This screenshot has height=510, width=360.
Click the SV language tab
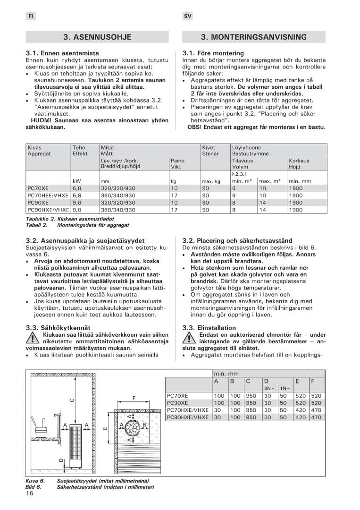coord(187,16)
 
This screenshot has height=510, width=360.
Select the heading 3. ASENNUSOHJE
coord(97,37)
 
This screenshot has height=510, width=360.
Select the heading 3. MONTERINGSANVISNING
coord(253,37)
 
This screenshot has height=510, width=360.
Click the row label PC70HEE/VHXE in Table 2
coord(48,195)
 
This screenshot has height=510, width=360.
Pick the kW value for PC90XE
coord(77,203)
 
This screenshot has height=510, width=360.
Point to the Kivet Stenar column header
coord(210,151)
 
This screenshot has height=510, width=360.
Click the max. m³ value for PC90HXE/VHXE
coord(263,210)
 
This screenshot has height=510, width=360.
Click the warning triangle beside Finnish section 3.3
coord(32,337)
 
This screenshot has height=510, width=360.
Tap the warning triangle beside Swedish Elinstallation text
coord(189,337)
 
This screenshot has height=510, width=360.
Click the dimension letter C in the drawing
coord(72,400)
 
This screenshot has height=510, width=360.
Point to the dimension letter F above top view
coord(134,398)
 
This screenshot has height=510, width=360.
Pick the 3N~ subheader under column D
coord(269,388)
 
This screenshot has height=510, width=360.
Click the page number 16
coord(30,494)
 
